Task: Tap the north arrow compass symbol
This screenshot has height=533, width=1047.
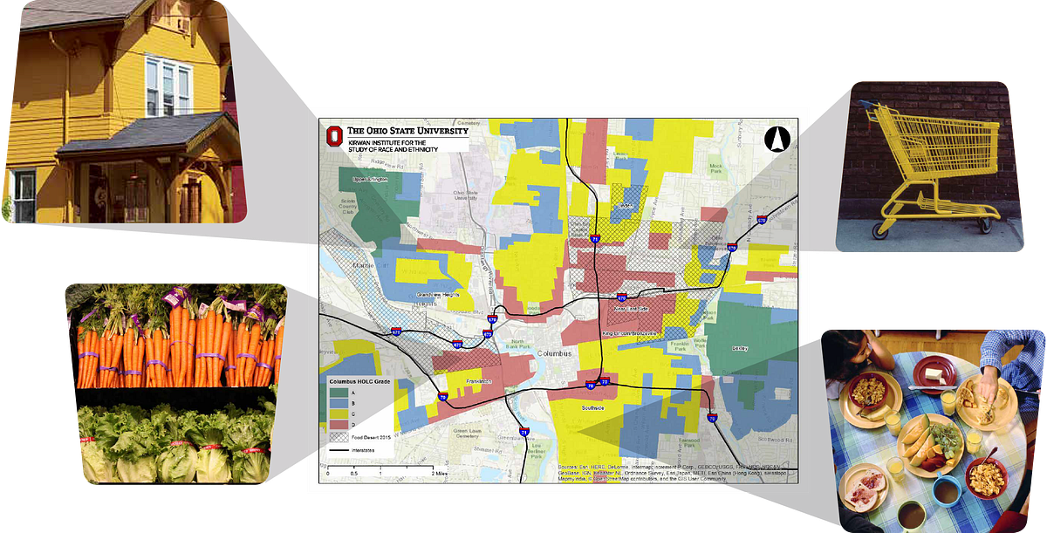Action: coord(776,139)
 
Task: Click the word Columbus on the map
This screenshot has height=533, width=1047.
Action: coord(554,353)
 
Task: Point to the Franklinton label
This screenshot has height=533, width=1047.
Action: coord(478,382)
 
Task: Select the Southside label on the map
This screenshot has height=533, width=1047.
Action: coord(591,407)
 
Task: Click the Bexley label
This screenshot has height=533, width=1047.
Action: coord(739,347)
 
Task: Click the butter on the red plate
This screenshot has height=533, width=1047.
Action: coord(933,372)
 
